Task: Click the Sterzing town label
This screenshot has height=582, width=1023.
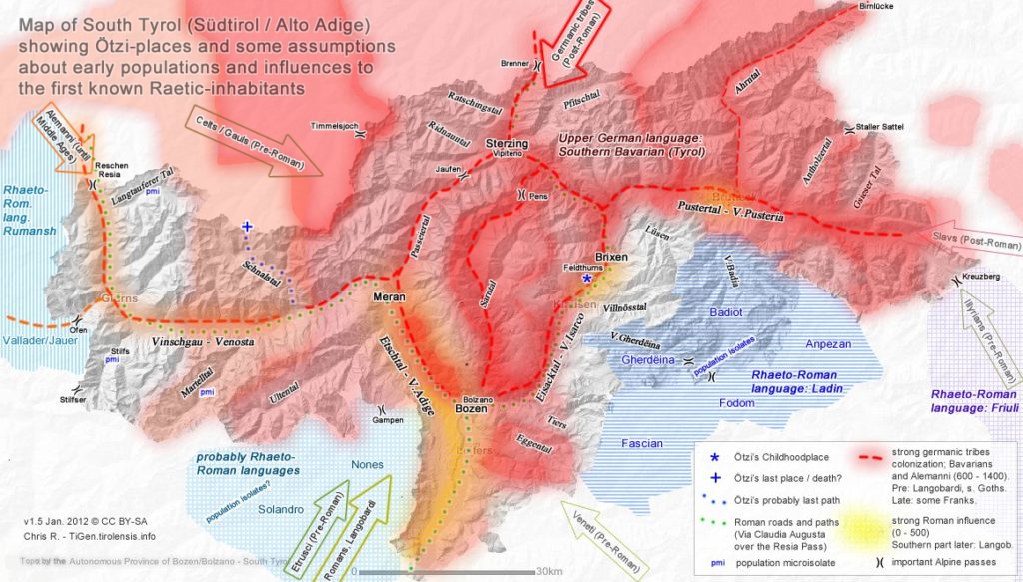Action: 507,143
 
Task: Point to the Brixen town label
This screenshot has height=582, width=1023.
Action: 611,256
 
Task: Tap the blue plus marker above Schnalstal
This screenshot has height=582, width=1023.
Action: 246,227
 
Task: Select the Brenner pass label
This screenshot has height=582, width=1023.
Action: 514,64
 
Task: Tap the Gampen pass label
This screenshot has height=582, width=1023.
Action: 386,420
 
